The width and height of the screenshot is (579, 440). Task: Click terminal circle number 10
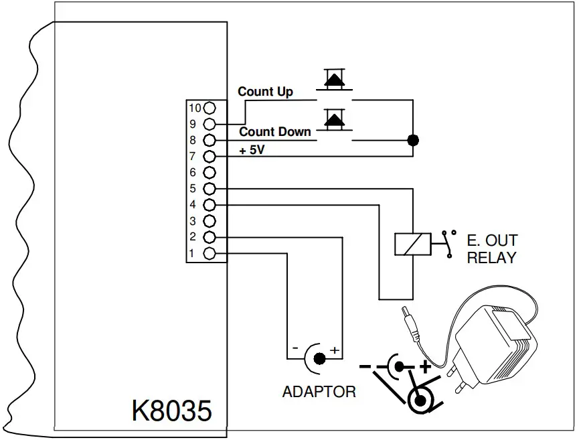tap(210, 107)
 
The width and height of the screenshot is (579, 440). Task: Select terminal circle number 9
tap(210, 124)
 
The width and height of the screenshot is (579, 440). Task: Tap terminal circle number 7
tap(210, 157)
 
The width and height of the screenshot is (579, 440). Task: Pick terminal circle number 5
tap(210, 189)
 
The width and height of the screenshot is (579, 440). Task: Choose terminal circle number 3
tap(210, 221)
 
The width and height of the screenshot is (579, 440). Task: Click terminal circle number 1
tap(210, 253)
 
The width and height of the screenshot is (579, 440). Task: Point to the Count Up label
tap(265, 92)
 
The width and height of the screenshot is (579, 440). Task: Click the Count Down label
tap(274, 132)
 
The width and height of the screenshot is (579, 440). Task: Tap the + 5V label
tap(252, 151)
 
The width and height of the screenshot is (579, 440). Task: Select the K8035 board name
tap(171, 410)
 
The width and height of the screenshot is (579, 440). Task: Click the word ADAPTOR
tap(319, 392)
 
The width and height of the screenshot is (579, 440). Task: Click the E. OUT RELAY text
tap(492, 248)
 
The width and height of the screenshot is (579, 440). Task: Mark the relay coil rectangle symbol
tap(411, 243)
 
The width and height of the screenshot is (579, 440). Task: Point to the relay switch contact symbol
tap(447, 242)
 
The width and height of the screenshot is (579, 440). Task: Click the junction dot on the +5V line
tap(413, 141)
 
